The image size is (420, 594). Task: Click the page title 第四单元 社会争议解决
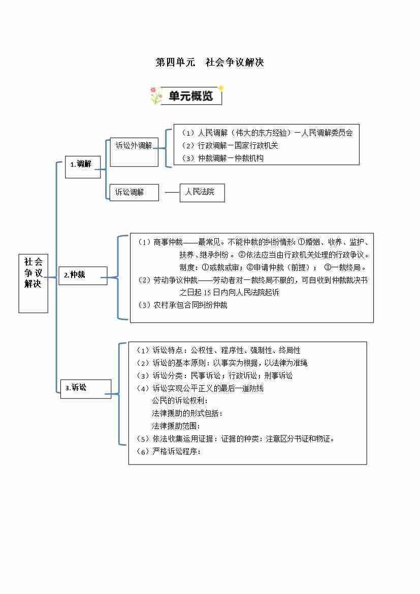coord(209,62)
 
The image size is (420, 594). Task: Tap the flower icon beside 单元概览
coord(155,96)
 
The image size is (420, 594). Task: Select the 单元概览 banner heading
coord(190,95)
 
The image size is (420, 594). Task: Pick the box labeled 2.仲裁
coord(83,275)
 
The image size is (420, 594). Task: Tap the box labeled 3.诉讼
coord(85,388)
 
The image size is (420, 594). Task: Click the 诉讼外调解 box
coord(134,146)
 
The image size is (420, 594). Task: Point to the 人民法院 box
coord(202,193)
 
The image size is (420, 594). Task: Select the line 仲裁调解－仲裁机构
coord(223,158)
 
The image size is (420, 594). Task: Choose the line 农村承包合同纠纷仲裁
coord(183,305)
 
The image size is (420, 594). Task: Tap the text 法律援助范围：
coord(176,426)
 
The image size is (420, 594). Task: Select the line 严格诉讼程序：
coord(170,451)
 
